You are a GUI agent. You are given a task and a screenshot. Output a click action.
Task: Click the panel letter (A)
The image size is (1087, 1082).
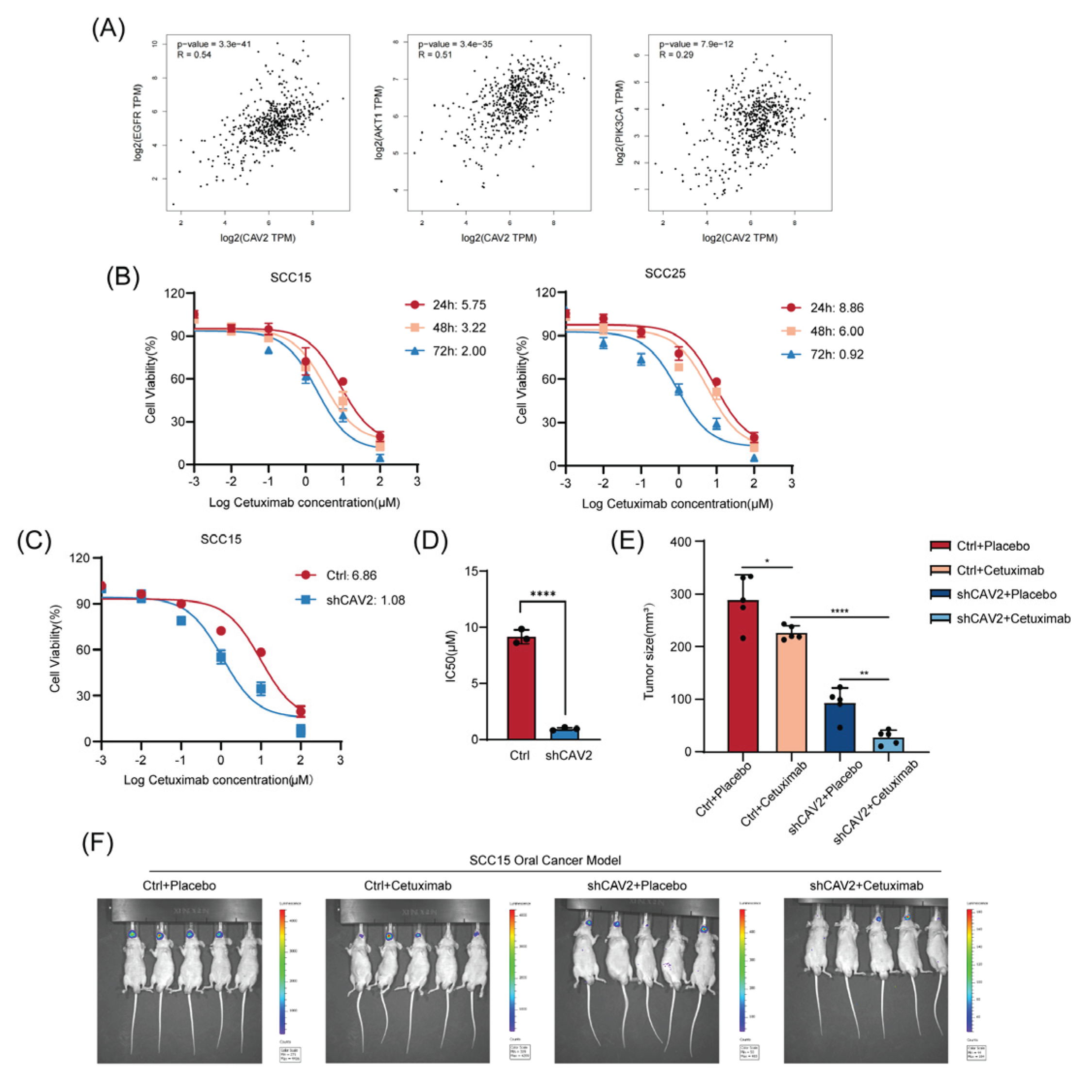click(x=108, y=28)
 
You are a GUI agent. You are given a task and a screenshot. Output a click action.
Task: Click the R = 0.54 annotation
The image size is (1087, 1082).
click(x=194, y=54)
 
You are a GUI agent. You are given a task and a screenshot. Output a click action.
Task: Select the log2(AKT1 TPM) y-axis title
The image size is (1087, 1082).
click(x=379, y=122)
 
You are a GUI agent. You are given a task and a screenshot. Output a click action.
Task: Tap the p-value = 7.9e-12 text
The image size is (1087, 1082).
click(x=696, y=44)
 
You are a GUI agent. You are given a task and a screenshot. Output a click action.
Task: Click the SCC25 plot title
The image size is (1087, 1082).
click(x=664, y=274)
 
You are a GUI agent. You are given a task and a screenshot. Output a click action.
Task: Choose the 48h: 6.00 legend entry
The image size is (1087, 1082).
click(x=823, y=331)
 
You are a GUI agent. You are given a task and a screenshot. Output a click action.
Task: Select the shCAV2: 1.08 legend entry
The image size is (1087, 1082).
click(x=350, y=600)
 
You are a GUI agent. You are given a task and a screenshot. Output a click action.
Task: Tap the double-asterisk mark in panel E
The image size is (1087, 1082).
click(x=864, y=673)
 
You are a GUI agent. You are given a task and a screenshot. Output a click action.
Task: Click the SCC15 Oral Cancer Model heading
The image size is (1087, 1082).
click(x=544, y=860)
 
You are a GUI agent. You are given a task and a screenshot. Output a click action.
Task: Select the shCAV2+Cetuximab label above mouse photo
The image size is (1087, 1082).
click(x=866, y=885)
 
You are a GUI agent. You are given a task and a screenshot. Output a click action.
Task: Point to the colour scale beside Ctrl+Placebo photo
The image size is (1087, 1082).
click(x=282, y=968)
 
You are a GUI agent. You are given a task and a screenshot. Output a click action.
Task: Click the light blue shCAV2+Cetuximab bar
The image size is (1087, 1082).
click(x=889, y=744)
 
